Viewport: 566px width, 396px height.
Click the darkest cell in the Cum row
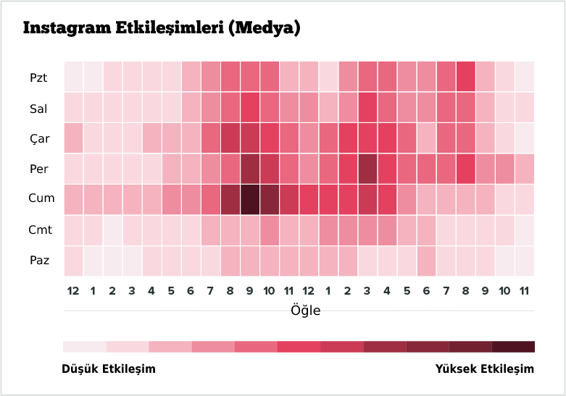(250, 199)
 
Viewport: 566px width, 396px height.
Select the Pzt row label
(38, 77)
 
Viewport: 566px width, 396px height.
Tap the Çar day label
(40, 138)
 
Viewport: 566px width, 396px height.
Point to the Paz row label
(39, 260)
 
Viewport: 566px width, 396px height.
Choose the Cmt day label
(40, 229)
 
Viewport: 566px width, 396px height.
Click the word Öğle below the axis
(305, 310)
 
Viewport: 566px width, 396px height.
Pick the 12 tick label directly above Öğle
(308, 291)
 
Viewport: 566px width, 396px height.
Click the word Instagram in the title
(67, 28)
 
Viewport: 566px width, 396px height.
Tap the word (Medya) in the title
(265, 28)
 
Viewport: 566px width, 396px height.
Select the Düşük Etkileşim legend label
(109, 368)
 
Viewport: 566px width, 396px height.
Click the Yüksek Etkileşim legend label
(484, 368)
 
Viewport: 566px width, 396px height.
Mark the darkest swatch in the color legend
(513, 347)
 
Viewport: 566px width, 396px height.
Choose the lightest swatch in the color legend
(85, 347)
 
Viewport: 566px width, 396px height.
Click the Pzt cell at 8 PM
(465, 77)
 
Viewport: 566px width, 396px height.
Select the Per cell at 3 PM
(367, 169)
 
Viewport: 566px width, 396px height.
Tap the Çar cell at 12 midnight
(73, 138)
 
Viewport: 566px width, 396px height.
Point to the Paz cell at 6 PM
(426, 261)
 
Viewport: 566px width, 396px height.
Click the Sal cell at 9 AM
(250, 107)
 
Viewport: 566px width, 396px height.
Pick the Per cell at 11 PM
(525, 169)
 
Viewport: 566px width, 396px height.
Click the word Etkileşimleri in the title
(170, 28)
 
